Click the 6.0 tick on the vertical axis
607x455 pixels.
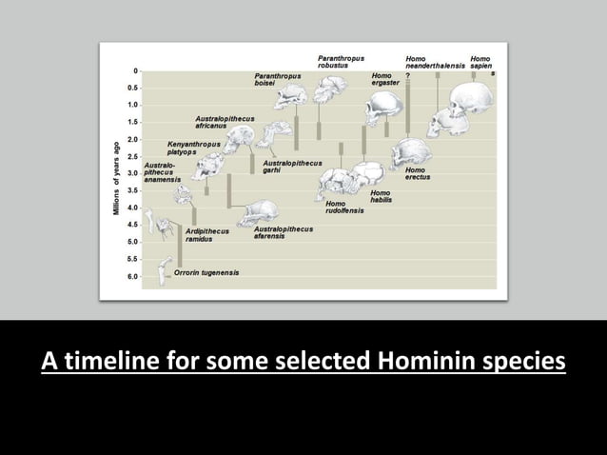point(134,276)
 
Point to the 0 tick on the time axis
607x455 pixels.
point(136,70)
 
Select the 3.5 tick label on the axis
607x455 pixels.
point(134,190)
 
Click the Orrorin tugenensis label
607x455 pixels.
point(206,272)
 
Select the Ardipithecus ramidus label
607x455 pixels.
point(207,235)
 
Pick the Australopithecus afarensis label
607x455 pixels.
point(283,232)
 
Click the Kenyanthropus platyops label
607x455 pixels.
point(194,148)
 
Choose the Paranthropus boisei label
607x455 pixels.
point(278,79)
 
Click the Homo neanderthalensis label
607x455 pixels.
point(435,62)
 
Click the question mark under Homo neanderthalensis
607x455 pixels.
point(408,74)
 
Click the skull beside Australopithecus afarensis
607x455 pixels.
point(258,211)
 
